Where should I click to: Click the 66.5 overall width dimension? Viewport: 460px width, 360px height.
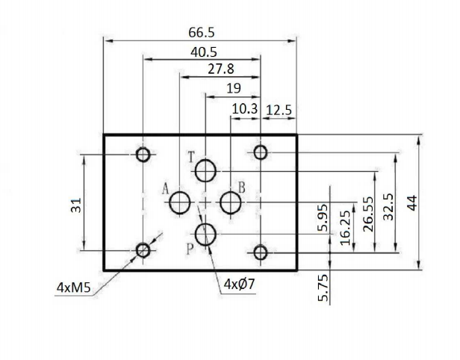(x=200, y=32)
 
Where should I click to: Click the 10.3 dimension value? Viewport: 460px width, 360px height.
(x=244, y=109)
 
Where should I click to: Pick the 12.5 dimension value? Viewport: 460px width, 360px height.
(x=279, y=109)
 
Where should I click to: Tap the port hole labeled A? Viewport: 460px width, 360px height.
(x=180, y=202)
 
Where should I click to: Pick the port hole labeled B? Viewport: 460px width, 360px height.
(x=231, y=202)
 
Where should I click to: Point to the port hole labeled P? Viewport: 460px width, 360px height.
(x=206, y=234)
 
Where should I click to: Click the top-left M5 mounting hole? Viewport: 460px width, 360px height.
(x=143, y=155)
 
